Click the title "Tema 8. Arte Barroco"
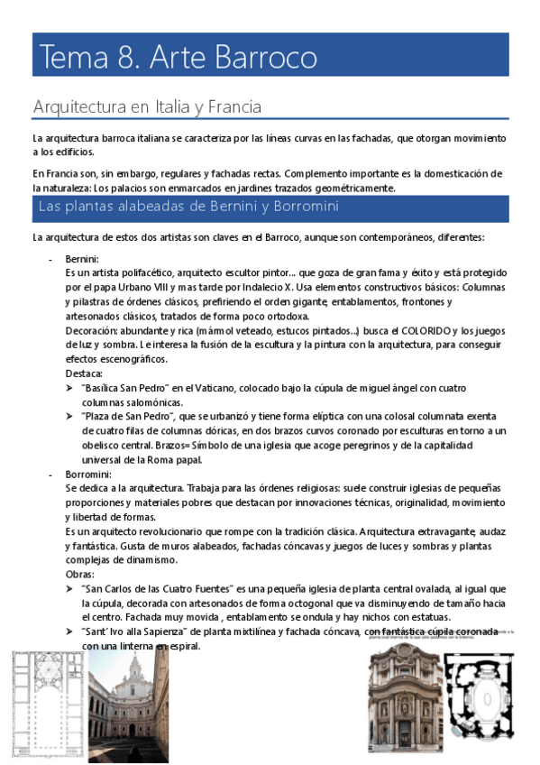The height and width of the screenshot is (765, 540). pos(177,58)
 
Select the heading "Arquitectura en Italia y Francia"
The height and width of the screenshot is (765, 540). pos(147,107)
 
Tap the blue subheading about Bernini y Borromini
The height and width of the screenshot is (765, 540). pos(188,207)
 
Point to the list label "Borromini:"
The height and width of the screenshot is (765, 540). pos(88,474)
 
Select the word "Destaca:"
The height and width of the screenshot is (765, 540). pos(84,373)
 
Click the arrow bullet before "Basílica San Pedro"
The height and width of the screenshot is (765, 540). pos(70,388)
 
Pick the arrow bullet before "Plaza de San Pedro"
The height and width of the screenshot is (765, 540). pos(70,417)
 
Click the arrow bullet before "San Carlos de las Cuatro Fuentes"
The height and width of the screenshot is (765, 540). pos(70,588)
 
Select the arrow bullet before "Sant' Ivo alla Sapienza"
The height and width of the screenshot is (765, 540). pos(70,631)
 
